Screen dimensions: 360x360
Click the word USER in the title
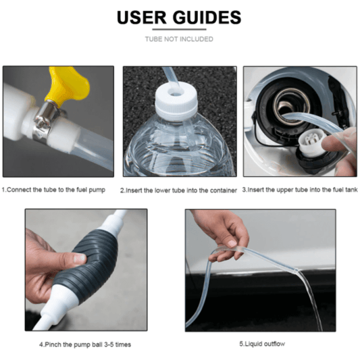pos(142,17)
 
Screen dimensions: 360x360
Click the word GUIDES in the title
pos(207,17)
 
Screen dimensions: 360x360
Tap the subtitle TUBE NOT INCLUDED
pos(179,39)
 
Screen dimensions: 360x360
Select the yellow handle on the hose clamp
pos(68,85)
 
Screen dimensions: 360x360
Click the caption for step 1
pos(53,190)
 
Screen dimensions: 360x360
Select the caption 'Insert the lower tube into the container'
pos(178,190)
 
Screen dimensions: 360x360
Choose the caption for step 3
pos(300,190)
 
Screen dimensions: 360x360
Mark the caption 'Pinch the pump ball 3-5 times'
pos(85,344)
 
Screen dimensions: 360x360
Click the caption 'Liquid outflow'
pos(262,344)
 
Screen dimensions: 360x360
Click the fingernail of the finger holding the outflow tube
pos(232,243)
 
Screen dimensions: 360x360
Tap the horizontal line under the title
pos(179,30)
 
